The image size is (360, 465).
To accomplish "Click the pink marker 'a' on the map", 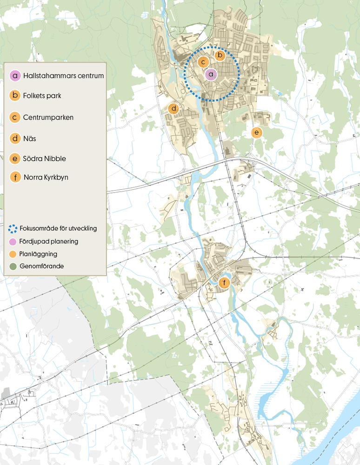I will coord(211,73).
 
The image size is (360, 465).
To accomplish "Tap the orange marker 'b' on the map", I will coord(220,55).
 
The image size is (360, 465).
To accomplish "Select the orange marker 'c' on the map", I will coord(203,61).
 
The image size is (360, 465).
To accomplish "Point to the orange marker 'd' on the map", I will coord(173,108).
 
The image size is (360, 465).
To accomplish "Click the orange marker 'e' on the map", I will coord(256,133).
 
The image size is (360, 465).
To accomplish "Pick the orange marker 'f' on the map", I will coord(225,283).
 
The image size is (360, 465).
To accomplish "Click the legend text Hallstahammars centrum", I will coord(63,75).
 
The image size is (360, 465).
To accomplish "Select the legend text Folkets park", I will coord(42,96).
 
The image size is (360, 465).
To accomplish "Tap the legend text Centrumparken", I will coord(48,117).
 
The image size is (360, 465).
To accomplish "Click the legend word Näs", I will coord(30,138).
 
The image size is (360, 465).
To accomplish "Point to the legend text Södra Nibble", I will coord(44,159).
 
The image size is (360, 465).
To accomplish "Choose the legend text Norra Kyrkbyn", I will coord(46,177).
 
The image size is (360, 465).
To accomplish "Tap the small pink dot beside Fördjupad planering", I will coord(13,241).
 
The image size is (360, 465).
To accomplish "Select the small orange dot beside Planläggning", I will coord(13,254).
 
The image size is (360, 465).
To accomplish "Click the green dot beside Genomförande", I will coord(13,266).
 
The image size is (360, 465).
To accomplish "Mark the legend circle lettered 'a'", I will coord(16,75).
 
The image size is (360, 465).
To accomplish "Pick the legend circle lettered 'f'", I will coord(16,177).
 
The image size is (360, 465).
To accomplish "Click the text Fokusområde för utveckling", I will coord(58,229).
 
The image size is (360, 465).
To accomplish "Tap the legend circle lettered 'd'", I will coord(16,138).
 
